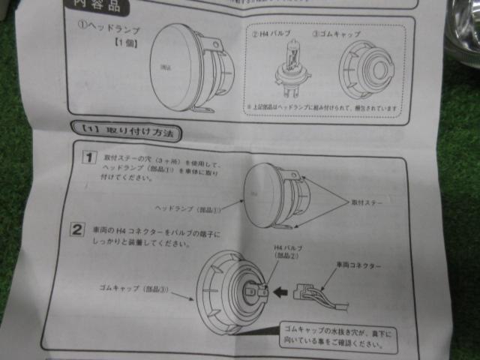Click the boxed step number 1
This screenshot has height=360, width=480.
89,157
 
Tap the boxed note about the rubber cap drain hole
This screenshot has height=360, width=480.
337,338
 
